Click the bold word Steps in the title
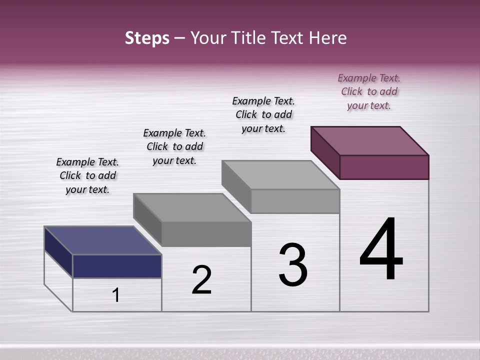[x=147, y=38]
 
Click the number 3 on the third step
[x=293, y=265]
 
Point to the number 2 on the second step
[x=201, y=280]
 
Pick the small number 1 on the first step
[x=116, y=295]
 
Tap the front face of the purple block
[x=384, y=167]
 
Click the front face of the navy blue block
[x=117, y=266]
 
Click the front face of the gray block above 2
[x=206, y=234]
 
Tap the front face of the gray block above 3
[x=295, y=201]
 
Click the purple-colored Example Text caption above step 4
[x=369, y=91]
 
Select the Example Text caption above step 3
[x=263, y=114]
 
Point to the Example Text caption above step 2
[x=174, y=146]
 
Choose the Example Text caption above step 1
[x=87, y=175]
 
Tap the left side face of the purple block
[x=325, y=152]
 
